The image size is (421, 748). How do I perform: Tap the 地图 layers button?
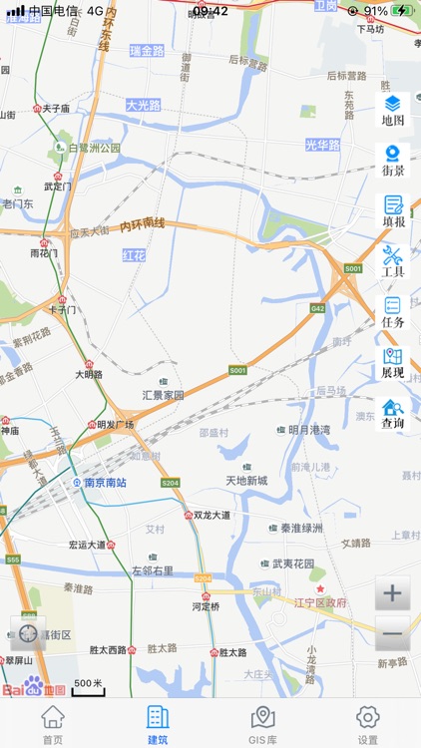[393, 110]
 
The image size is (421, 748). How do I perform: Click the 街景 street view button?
[393, 161]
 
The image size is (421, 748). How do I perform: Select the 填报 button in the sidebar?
[393, 211]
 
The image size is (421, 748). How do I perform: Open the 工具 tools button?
[393, 261]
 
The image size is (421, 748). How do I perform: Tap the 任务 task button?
[393, 312]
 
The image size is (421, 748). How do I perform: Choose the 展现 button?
[393, 363]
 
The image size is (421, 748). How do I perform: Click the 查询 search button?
[393, 414]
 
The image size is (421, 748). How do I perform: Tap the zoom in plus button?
[392, 593]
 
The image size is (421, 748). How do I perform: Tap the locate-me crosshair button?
[28, 633]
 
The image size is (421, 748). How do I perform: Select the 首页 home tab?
[53, 724]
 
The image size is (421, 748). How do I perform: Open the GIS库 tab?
[263, 724]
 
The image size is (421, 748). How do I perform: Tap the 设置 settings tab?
[368, 724]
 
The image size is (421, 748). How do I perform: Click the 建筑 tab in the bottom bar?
[158, 724]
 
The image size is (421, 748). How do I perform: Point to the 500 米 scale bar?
[89, 686]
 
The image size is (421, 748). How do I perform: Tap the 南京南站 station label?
[105, 483]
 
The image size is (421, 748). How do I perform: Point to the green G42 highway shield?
[318, 309]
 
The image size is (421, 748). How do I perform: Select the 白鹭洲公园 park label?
[94, 148]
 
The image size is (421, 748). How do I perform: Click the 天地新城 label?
[246, 481]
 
